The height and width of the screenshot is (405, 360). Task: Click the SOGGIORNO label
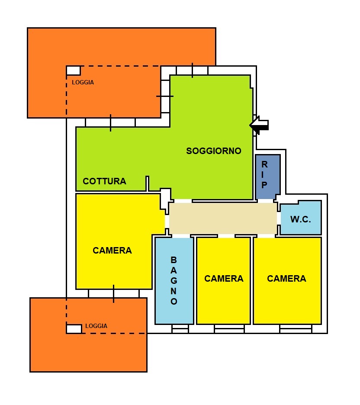214,151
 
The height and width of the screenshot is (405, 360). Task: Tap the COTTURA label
104,181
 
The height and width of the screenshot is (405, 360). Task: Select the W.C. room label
301,219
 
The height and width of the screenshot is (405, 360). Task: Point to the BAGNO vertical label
174,280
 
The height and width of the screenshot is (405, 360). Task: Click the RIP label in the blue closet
264,175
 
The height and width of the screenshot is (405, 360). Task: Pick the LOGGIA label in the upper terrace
83,82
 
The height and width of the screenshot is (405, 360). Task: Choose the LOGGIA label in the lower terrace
96,326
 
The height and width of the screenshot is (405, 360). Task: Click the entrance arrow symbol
259,125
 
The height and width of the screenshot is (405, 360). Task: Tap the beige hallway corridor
223,218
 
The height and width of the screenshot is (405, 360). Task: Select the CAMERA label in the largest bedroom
112,250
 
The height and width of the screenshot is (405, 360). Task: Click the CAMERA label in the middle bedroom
224,279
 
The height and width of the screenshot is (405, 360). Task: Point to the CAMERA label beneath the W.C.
286,279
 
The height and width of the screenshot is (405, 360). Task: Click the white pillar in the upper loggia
74,71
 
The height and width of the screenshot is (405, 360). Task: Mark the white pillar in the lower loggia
74,329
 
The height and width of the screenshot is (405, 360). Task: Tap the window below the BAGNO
180,329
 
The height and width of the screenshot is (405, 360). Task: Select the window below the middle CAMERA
229,329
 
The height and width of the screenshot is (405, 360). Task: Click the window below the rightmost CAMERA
296,329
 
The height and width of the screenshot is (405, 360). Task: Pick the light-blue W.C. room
301,218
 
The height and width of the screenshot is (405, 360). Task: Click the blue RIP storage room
268,177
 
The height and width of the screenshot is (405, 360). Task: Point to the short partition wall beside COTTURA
147,183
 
